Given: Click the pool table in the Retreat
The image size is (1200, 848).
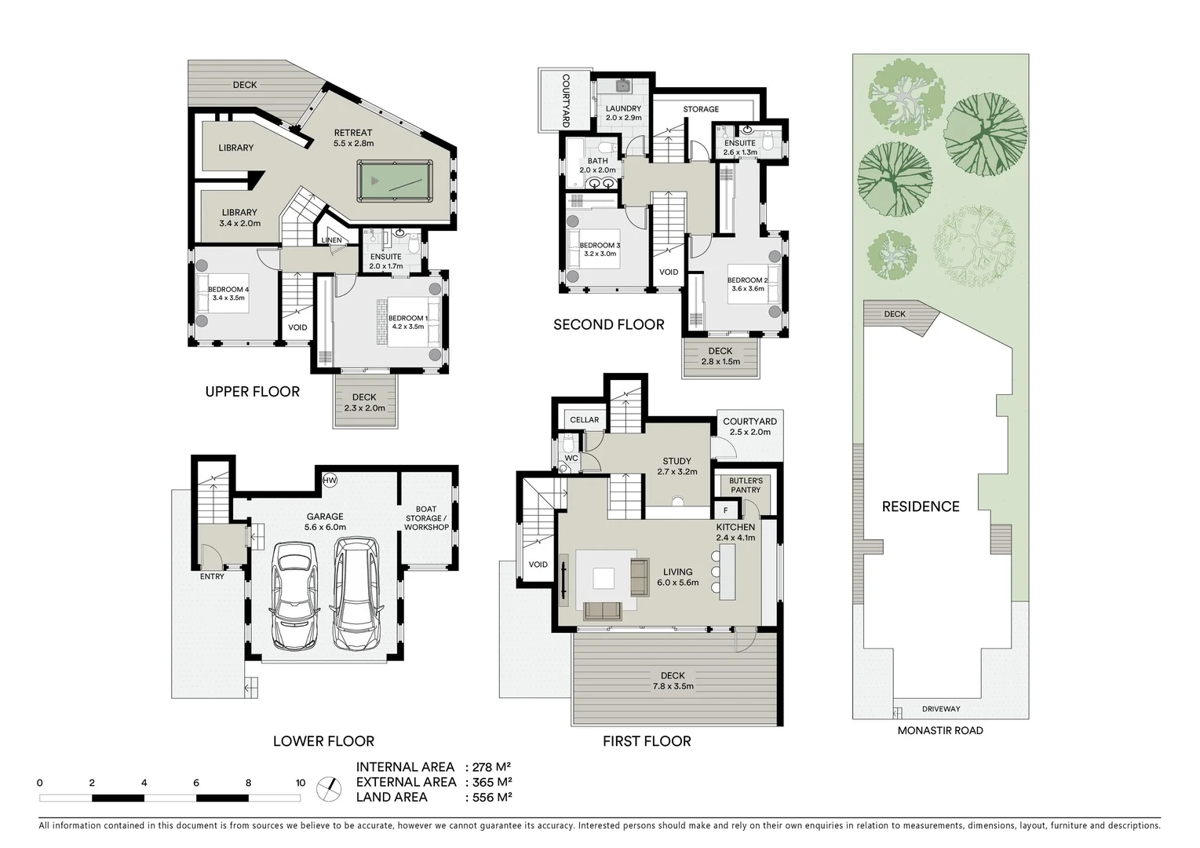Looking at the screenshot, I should [x=394, y=181].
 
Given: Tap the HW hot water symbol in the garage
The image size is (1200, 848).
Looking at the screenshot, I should [x=330, y=480].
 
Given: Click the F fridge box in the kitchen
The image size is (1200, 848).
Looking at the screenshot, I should [x=726, y=510].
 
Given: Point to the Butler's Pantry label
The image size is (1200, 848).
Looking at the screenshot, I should [x=745, y=485].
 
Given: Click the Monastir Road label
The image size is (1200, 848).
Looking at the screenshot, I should [x=940, y=730].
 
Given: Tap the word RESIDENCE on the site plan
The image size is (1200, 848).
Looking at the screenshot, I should [x=920, y=506].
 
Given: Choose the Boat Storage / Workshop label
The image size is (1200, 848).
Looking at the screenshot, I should [x=426, y=518].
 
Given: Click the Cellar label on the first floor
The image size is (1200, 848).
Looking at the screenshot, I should [x=584, y=420].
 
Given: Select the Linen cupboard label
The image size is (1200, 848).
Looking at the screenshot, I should [x=331, y=240].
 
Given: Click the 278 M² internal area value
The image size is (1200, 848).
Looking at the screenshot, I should [x=491, y=767].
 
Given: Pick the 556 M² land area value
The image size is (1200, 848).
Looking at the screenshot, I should [x=491, y=797].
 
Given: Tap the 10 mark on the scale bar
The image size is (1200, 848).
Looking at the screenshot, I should [x=301, y=783].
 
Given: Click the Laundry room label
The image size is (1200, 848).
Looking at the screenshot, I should [x=623, y=108].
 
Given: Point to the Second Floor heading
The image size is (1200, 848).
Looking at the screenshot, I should [x=608, y=324].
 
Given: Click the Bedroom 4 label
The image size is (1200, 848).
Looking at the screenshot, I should [x=228, y=290].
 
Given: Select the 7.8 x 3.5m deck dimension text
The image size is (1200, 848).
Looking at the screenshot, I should [x=673, y=686].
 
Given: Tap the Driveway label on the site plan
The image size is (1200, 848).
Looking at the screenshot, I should [x=940, y=709].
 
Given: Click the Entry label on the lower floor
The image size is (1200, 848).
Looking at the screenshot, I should [x=212, y=576].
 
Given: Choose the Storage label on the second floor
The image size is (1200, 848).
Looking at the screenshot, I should [x=700, y=109].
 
